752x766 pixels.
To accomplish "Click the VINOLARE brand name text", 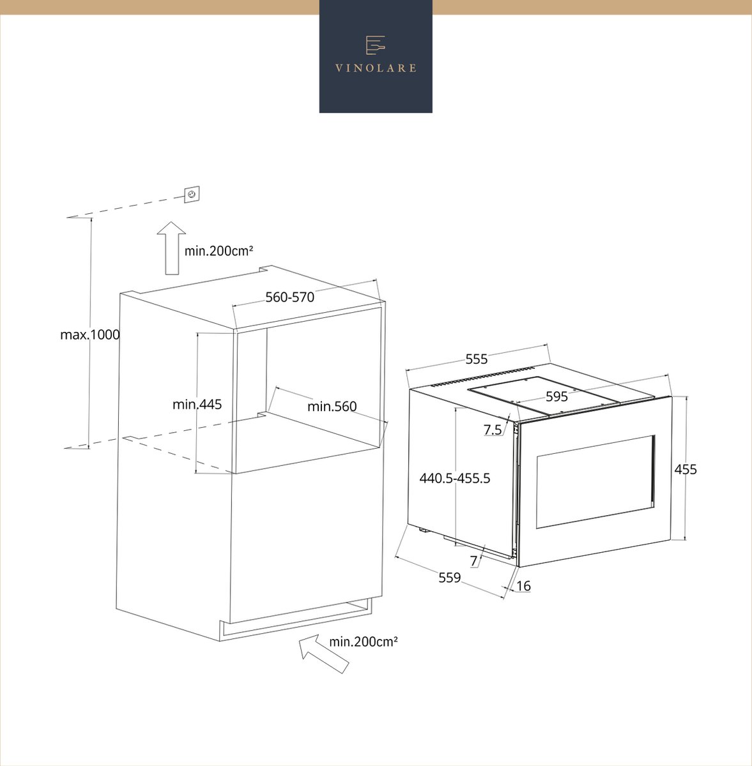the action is tap(376, 68).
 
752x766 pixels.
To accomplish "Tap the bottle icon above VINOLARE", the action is tap(375, 45).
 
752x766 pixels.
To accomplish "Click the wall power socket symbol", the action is tap(192, 195).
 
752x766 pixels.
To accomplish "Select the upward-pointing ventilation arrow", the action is tap(171, 248).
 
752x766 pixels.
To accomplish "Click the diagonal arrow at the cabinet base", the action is tap(324, 654).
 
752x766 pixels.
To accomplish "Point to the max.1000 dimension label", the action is tap(90, 334).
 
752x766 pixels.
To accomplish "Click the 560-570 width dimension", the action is tap(289, 297).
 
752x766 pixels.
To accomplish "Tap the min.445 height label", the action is tap(197, 405).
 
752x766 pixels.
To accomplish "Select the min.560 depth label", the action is tap(332, 406).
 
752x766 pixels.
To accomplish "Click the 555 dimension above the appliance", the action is tap(476, 359).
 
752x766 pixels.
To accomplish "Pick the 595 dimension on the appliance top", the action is tap(556, 396).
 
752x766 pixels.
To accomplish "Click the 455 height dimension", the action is tap(686, 469).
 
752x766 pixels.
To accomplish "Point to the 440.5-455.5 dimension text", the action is tap(455, 478).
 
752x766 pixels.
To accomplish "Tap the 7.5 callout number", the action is tap(493, 430).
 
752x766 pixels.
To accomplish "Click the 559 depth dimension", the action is tap(450, 578).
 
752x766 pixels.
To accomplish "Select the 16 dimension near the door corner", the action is tap(524, 586).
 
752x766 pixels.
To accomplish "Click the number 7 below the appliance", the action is tap(473, 561).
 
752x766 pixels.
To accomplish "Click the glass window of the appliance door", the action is tap(595, 482).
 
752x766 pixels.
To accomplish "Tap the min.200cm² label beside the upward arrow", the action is tap(219, 252).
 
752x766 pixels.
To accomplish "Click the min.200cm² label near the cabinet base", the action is tap(364, 642).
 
